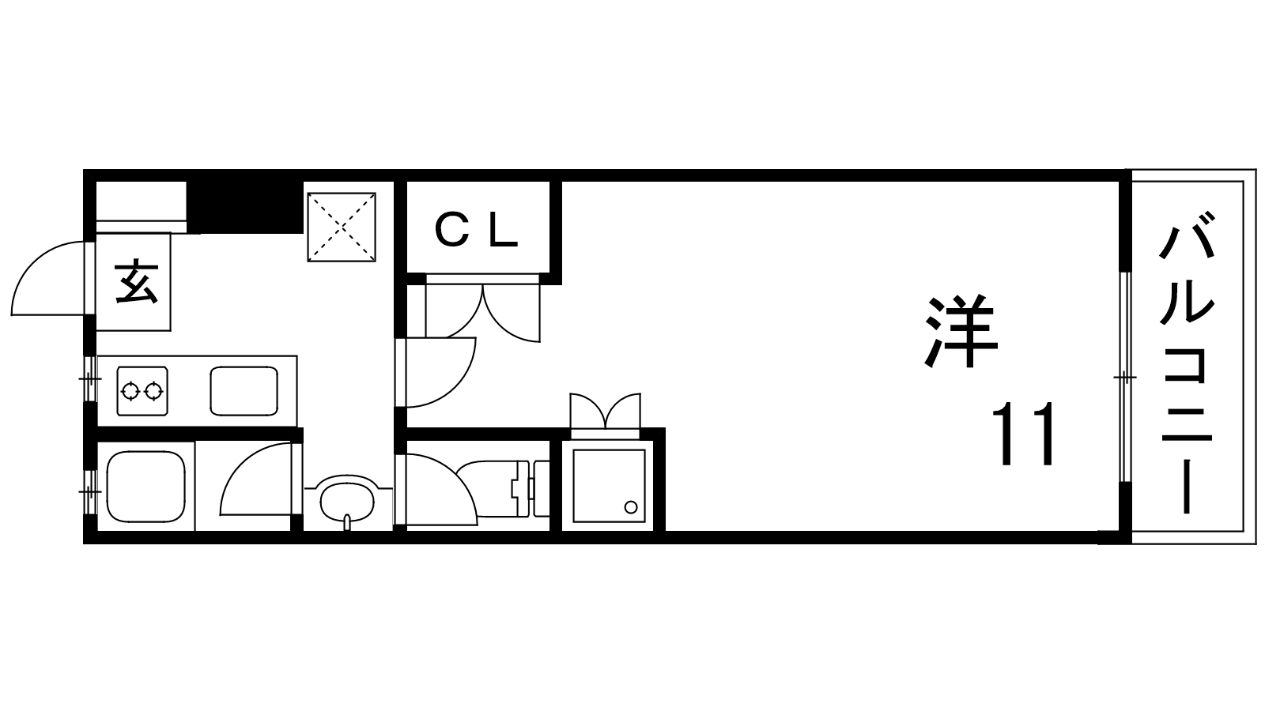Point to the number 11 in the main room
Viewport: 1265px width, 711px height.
pyautogui.click(x=1023, y=434)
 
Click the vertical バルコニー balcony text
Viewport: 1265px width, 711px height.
pyautogui.click(x=1187, y=363)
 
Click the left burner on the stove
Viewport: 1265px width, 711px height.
pyautogui.click(x=131, y=390)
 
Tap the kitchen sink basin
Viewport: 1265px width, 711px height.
pyautogui.click(x=244, y=391)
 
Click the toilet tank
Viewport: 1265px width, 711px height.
pyautogui.click(x=541, y=488)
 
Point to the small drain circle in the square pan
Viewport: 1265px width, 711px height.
pyautogui.click(x=631, y=506)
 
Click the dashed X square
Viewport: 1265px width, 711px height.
pyautogui.click(x=342, y=227)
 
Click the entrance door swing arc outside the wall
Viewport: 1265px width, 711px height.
pyautogui.click(x=48, y=278)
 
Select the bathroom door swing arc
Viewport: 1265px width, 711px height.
pyautogui.click(x=256, y=479)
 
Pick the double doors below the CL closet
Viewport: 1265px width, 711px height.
pyautogui.click(x=483, y=311)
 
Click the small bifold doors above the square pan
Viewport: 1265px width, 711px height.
pyautogui.click(x=606, y=411)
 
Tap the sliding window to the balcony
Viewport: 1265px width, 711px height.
pyautogui.click(x=1126, y=377)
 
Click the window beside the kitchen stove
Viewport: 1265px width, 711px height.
pyautogui.click(x=90, y=378)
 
